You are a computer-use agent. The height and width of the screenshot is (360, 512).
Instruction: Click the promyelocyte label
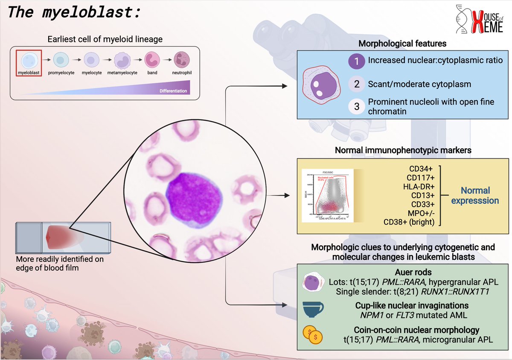(61, 73)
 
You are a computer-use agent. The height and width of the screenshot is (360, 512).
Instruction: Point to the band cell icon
(152, 60)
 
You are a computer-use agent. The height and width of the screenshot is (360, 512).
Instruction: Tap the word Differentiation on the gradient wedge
(173, 91)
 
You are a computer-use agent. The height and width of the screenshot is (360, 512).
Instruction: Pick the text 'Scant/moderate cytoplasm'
(419, 84)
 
